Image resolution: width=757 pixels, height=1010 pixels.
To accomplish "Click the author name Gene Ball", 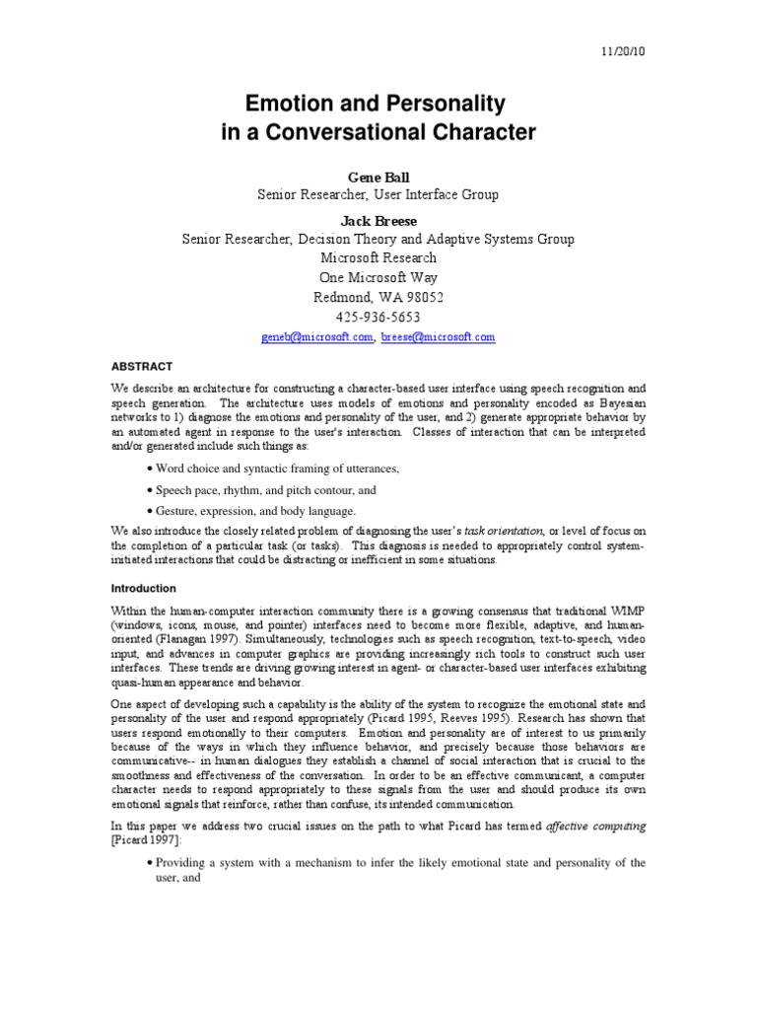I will (x=378, y=178).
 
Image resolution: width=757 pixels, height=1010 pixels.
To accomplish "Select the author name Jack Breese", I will (x=378, y=220).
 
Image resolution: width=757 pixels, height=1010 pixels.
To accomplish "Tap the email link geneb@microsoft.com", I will (x=317, y=337).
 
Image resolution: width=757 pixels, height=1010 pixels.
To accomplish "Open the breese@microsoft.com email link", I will (x=438, y=337).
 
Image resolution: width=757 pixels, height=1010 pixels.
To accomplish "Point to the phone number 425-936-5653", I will (x=378, y=317).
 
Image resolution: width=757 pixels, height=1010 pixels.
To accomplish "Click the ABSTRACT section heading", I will (x=141, y=365).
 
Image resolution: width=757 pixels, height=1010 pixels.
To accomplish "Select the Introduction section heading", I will (x=144, y=588).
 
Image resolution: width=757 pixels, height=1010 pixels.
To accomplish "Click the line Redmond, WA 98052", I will (x=378, y=297).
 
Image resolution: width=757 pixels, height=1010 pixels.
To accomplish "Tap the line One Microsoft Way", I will (x=378, y=277).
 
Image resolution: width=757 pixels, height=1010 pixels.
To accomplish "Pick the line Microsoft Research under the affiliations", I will (x=378, y=258).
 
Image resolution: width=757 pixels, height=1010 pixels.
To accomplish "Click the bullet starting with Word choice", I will (x=274, y=469).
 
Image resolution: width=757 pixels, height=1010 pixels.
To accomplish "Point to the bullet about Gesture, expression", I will (x=254, y=511).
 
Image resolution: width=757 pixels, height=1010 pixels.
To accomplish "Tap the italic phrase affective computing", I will (x=596, y=827).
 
